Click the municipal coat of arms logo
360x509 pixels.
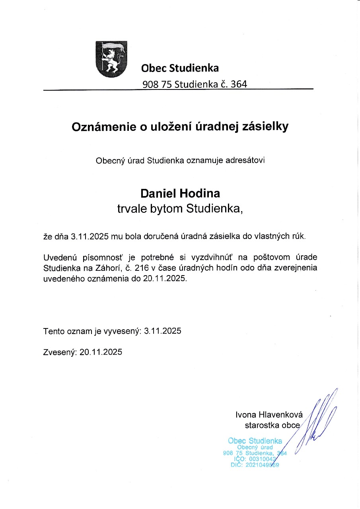point(112,59)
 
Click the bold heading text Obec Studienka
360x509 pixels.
point(180,68)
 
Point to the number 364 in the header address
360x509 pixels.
point(239,84)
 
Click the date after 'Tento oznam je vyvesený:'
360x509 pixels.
point(163,330)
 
